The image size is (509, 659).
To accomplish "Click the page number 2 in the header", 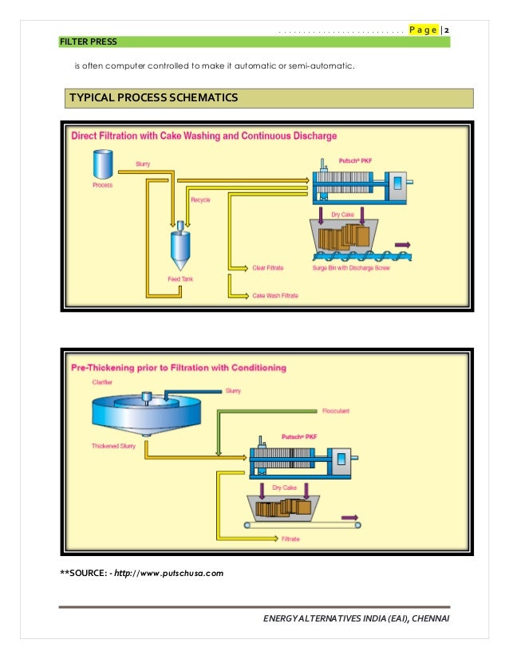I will click(448, 30).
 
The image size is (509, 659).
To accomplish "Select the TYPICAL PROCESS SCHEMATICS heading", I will click(154, 98).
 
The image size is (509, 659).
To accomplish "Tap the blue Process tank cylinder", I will click(101, 165).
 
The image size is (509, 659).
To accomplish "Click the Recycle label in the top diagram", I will click(200, 200).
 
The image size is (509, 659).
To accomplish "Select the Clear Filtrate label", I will click(268, 268).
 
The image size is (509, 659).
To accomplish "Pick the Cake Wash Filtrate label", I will click(274, 296).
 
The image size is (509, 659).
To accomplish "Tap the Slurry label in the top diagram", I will click(143, 164).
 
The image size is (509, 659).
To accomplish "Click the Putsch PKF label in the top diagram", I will click(356, 160).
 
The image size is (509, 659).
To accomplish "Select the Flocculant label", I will click(336, 412).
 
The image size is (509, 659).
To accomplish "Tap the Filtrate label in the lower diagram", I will click(291, 540).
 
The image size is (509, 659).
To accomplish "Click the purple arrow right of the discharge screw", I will click(403, 244).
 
